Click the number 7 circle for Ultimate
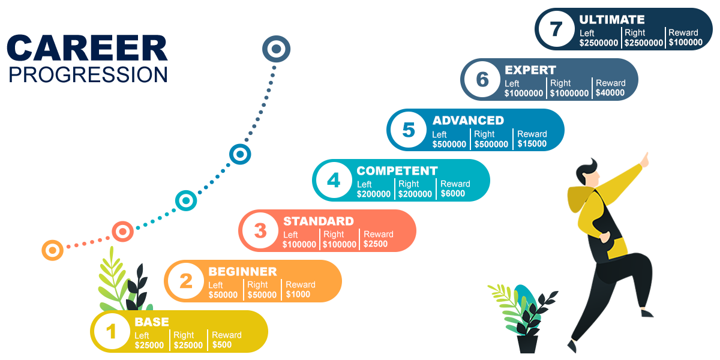tap(556, 29)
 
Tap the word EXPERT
tap(530, 70)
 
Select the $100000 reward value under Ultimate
tap(685, 43)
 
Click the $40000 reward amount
tap(610, 93)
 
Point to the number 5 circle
tap(409, 130)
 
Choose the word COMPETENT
tap(397, 171)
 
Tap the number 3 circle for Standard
tap(260, 230)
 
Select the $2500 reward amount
tap(376, 244)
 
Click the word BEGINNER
tap(242, 272)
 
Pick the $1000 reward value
tap(298, 295)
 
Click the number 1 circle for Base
tap(112, 331)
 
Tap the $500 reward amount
tap(222, 345)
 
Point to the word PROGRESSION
tap(88, 74)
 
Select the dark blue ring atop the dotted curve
tap(276, 49)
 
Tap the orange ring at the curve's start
tap(53, 250)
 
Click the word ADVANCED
tap(468, 120)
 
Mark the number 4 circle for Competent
tap(334, 180)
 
